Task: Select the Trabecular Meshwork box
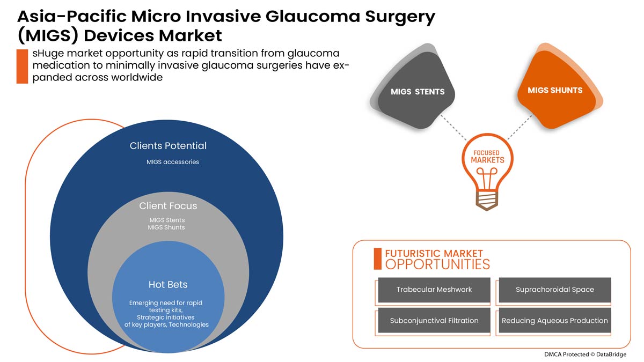pos(434,290)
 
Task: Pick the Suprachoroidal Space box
pos(555,290)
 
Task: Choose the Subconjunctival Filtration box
pos(434,321)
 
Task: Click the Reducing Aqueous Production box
pos(555,321)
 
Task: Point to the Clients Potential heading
pos(168,146)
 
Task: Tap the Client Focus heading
pos(168,206)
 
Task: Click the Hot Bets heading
pos(168,284)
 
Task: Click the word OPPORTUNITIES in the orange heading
pos(437,264)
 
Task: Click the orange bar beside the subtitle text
pos(22,67)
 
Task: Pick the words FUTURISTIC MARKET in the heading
pos(434,253)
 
